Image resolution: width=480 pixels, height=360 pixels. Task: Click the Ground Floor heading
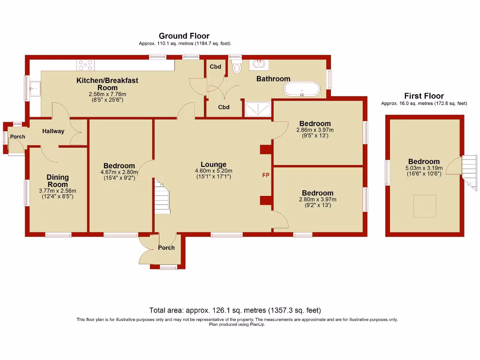pyautogui.click(x=184, y=36)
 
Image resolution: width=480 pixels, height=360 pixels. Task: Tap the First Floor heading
pyautogui.click(x=423, y=96)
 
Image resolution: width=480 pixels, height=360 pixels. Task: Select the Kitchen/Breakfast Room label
pyautogui.click(x=107, y=84)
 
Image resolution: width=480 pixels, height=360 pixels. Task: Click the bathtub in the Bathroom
pyautogui.click(x=302, y=89)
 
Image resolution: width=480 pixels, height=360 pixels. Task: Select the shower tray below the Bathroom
pyautogui.click(x=257, y=109)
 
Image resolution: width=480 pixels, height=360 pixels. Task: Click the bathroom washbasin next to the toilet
pyautogui.click(x=257, y=65)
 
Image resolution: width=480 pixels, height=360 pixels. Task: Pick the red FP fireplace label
pyautogui.click(x=266, y=175)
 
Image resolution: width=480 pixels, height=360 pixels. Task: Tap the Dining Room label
pyautogui.click(x=58, y=180)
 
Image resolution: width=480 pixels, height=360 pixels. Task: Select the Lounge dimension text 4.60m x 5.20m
pyautogui.click(x=213, y=171)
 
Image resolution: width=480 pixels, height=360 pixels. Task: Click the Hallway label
pyautogui.click(x=53, y=131)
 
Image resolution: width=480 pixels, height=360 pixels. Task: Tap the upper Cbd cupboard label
pyautogui.click(x=215, y=67)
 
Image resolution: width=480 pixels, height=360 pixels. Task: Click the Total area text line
pyautogui.click(x=235, y=310)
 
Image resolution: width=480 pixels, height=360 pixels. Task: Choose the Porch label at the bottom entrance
pyautogui.click(x=166, y=247)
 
